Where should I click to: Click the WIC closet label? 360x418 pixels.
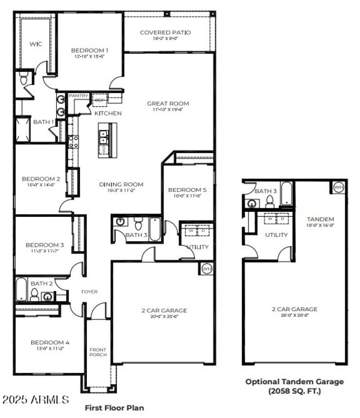click(x=36, y=44)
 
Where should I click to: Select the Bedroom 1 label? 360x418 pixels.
click(x=90, y=50)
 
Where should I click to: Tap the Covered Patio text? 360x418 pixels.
click(x=165, y=32)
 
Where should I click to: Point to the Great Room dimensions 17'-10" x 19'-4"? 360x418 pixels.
click(x=168, y=109)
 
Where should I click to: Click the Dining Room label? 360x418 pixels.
click(x=121, y=184)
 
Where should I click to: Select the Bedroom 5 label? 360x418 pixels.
click(x=188, y=189)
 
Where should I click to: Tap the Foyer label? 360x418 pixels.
click(x=90, y=292)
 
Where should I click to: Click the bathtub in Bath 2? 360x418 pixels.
click(x=21, y=289)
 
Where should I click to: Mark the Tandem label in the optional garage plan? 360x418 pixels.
click(x=320, y=219)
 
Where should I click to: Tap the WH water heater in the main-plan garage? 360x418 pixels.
click(x=207, y=269)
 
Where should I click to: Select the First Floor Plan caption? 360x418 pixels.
click(x=114, y=408)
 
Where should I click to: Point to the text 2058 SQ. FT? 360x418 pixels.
click(x=294, y=391)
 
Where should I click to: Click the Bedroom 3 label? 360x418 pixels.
click(x=45, y=245)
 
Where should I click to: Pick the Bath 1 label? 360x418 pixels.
click(x=44, y=122)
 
